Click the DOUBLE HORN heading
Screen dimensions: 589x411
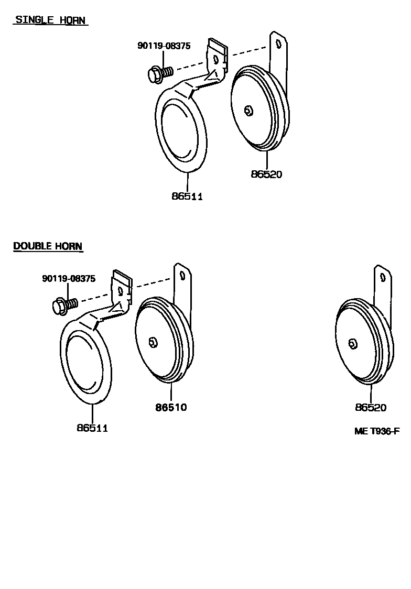tap(48, 246)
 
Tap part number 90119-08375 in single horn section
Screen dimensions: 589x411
tap(164, 46)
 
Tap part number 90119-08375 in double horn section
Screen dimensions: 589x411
tap(69, 279)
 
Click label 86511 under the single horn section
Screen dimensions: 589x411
tap(187, 197)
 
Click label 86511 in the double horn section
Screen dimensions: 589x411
tap(92, 428)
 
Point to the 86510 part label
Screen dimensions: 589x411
tap(171, 407)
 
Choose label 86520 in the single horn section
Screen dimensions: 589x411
tap(266, 174)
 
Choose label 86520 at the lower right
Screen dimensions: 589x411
tap(370, 407)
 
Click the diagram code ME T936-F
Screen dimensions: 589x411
tap(376, 431)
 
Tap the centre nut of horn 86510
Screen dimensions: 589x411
tap(153, 342)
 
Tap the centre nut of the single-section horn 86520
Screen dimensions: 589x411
tap(248, 110)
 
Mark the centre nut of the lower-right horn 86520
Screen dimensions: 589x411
tap(352, 343)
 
